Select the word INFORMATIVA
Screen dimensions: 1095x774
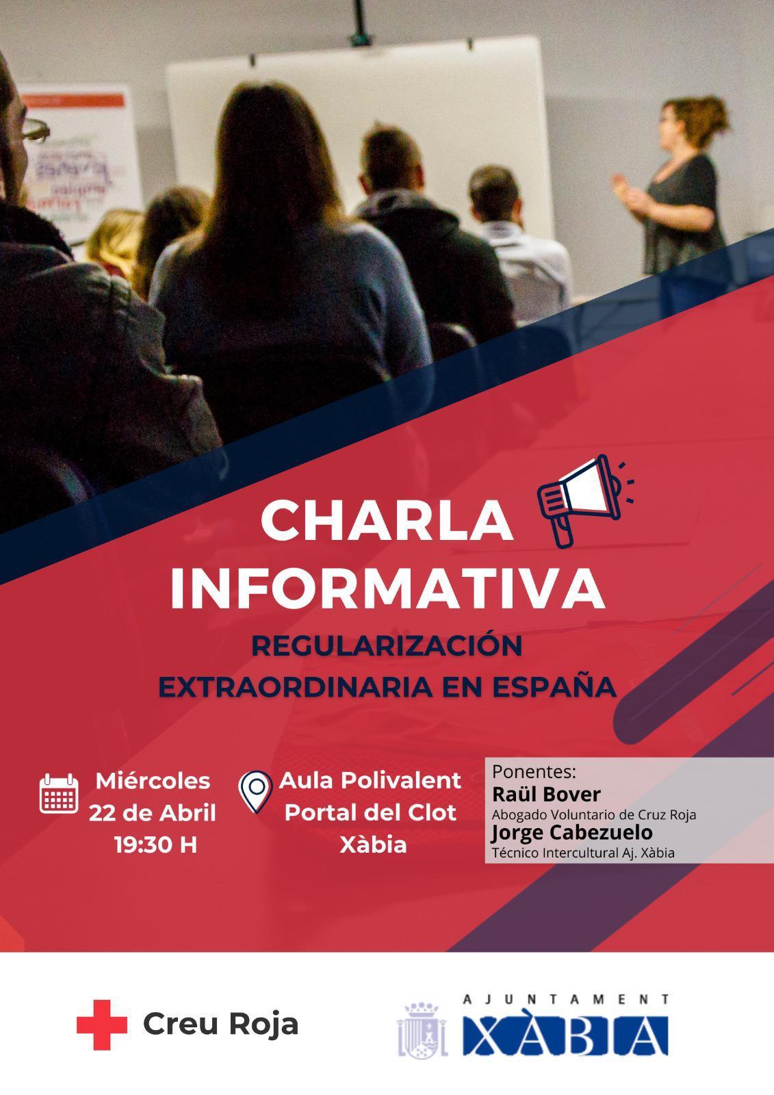click(x=387, y=587)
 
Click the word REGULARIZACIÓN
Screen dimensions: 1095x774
click(x=387, y=646)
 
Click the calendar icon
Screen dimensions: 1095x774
click(x=58, y=793)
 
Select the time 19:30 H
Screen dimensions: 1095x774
click(x=155, y=845)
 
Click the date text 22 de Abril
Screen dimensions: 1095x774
click(x=152, y=812)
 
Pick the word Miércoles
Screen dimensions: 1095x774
click(x=153, y=780)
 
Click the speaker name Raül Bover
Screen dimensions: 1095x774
click(x=546, y=794)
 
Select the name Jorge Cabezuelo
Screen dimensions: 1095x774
click(x=571, y=833)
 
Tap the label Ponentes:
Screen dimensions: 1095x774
click(x=534, y=772)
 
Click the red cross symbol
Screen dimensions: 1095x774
click(x=101, y=1025)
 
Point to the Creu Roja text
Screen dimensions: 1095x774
click(x=220, y=1025)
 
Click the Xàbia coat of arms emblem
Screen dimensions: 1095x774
click(x=422, y=1029)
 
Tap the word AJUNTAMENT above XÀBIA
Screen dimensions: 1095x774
click(x=565, y=1000)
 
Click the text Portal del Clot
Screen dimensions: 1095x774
click(x=370, y=812)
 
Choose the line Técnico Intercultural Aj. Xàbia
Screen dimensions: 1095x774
click(x=583, y=853)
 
